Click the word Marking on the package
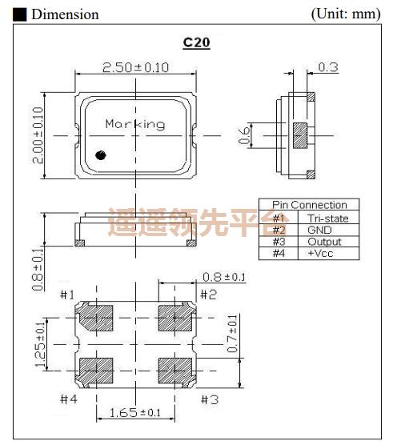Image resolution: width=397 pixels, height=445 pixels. pos(135,124)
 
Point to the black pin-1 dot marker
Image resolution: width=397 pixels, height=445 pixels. pos(101,155)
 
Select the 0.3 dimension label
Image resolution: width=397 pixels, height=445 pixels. pos(328,67)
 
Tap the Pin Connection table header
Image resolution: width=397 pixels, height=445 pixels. pos(309,205)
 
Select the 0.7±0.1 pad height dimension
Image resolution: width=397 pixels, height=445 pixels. pos(233,335)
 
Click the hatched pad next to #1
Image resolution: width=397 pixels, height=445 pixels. pos(97,317)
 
